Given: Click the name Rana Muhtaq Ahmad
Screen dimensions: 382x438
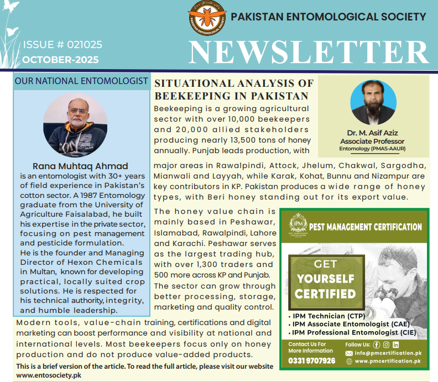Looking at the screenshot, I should (80, 166).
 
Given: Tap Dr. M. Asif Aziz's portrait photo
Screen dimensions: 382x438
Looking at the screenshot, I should (373, 104).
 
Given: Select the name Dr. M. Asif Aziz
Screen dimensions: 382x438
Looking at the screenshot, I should (373, 133).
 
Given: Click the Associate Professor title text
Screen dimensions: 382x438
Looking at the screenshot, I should (373, 141).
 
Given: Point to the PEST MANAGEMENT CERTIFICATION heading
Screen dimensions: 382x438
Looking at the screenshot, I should (365, 227).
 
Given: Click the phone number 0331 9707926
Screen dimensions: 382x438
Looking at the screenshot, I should (311, 361).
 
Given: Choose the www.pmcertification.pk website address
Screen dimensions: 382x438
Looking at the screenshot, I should (387, 361).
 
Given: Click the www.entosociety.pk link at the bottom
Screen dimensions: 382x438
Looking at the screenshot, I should (49, 375).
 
